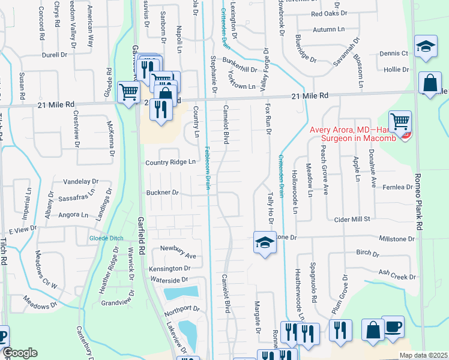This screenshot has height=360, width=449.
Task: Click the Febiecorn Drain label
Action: (x=206, y=168)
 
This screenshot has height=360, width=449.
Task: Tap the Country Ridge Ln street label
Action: (x=171, y=163)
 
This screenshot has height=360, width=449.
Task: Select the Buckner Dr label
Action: (x=163, y=193)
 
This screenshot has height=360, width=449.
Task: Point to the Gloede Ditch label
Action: (x=107, y=238)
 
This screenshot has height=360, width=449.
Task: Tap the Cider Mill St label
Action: (x=352, y=220)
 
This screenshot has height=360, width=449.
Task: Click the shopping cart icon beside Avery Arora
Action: (x=400, y=121)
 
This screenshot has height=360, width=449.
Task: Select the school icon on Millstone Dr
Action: (x=263, y=242)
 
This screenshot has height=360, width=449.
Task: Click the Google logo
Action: (x=20, y=353)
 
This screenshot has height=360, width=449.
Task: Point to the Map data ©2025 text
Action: (x=423, y=355)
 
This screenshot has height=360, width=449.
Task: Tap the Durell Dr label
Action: (x=55, y=55)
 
